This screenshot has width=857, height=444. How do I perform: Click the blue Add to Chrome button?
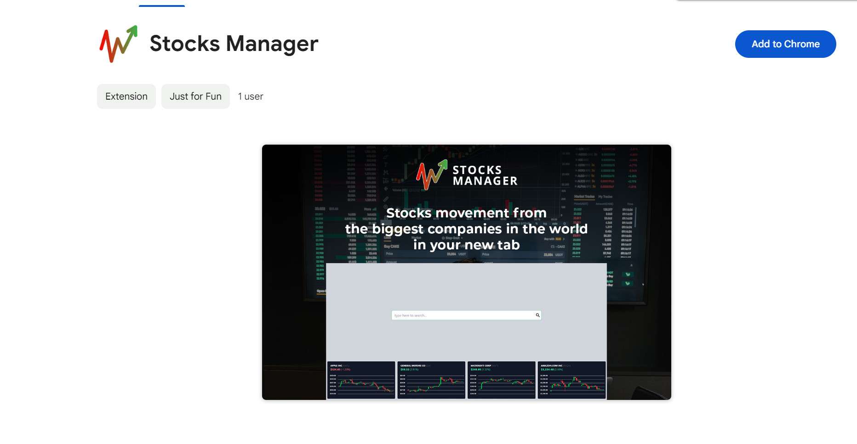pyautogui.click(x=785, y=44)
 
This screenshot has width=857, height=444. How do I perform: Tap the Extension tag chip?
pyautogui.click(x=126, y=96)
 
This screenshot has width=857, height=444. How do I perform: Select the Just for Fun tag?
pyautogui.click(x=195, y=96)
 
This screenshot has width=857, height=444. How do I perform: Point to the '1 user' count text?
pyautogui.click(x=251, y=96)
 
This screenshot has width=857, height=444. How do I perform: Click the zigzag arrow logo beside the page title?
pyautogui.click(x=118, y=44)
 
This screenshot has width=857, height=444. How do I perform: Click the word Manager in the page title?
pyautogui.click(x=272, y=44)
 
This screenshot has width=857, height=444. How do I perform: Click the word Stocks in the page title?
pyautogui.click(x=185, y=44)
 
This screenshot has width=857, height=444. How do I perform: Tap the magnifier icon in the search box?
pyautogui.click(x=537, y=315)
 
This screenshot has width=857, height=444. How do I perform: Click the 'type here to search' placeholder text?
pyautogui.click(x=411, y=315)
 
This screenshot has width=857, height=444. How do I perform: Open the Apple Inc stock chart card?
pyautogui.click(x=361, y=380)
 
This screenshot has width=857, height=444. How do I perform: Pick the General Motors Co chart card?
pyautogui.click(x=431, y=380)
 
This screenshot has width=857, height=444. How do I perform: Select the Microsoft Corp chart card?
pyautogui.click(x=502, y=380)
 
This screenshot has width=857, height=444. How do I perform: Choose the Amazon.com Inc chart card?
pyautogui.click(x=571, y=380)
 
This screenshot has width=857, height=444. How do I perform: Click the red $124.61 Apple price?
pyautogui.click(x=335, y=369)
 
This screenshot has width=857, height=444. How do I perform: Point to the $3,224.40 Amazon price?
pyautogui.click(x=547, y=369)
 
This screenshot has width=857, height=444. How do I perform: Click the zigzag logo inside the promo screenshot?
pyautogui.click(x=431, y=175)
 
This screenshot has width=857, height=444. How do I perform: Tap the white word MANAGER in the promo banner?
pyautogui.click(x=485, y=181)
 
